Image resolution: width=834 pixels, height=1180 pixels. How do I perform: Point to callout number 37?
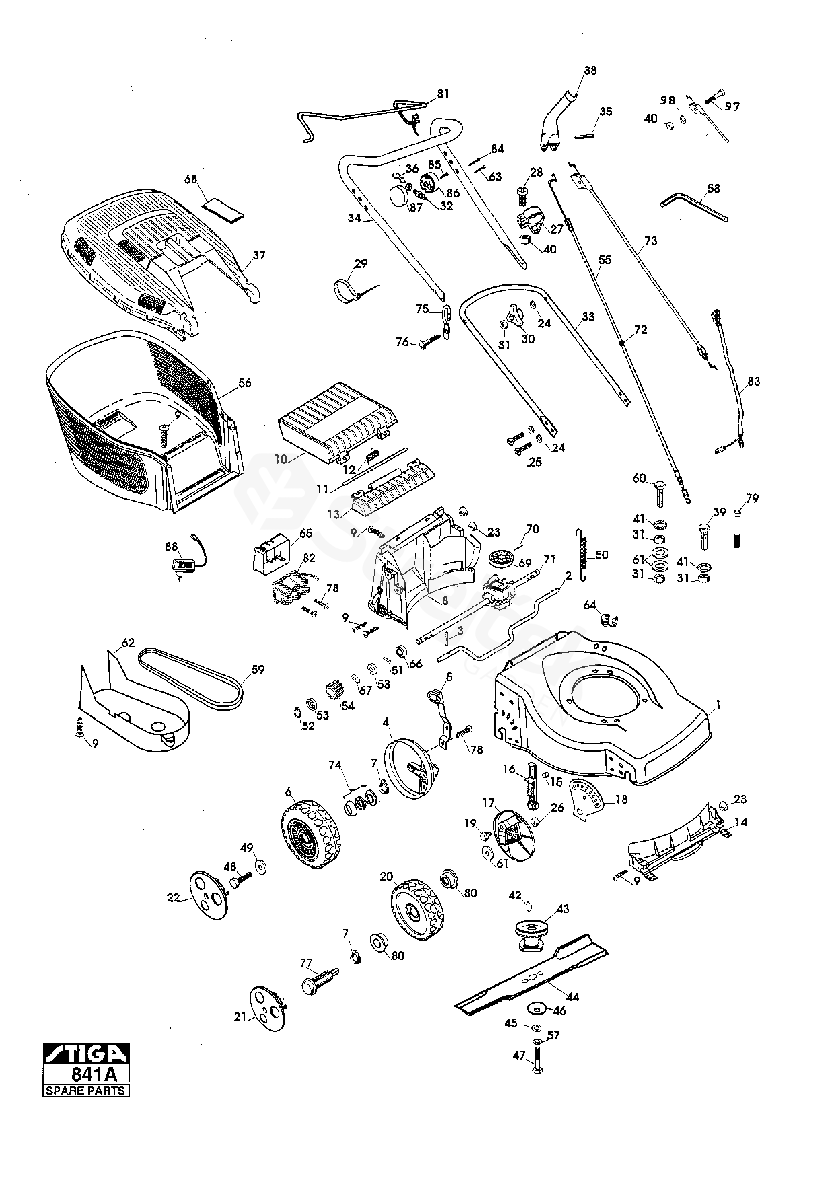point(259,255)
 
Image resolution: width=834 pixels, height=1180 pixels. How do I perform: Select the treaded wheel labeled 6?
point(311,834)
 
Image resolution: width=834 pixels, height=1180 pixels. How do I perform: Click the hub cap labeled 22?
point(209,895)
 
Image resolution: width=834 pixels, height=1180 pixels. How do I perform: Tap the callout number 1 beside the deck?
point(718,706)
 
